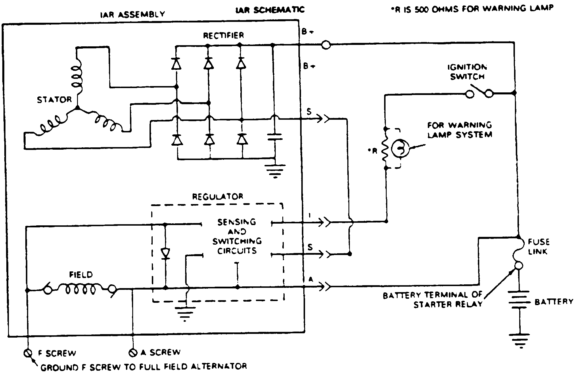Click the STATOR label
[54, 100]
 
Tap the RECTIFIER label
[223, 35]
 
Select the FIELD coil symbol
[80, 289]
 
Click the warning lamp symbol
[400, 148]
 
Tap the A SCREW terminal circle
[133, 352]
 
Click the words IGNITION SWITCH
[467, 72]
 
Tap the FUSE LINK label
[538, 246]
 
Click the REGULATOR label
[218, 197]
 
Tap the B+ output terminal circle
[326, 45]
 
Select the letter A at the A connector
[310, 279]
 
